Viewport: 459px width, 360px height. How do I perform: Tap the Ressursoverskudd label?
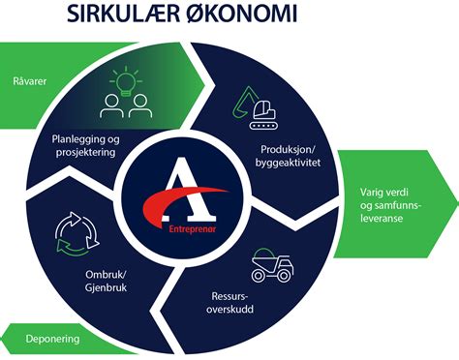[237, 302]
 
